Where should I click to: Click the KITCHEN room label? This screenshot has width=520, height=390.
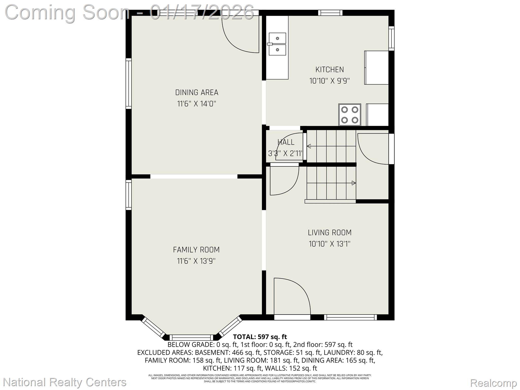pyautogui.click(x=330, y=70)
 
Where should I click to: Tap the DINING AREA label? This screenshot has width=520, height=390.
pyautogui.click(x=197, y=92)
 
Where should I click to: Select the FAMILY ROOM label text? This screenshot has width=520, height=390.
pyautogui.click(x=196, y=250)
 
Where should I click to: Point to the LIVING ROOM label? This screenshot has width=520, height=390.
pyautogui.click(x=330, y=233)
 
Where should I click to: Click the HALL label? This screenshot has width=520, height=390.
pyautogui.click(x=286, y=142)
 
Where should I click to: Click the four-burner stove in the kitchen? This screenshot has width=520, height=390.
pyautogui.click(x=350, y=115)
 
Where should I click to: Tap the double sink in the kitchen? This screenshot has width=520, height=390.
pyautogui.click(x=277, y=44)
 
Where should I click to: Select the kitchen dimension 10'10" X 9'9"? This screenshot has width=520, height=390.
pyautogui.click(x=330, y=81)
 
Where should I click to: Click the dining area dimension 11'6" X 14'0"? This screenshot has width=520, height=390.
pyautogui.click(x=197, y=104)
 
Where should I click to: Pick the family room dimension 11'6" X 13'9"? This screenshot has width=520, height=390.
pyautogui.click(x=196, y=261)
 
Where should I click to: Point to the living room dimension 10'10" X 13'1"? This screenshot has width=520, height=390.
pyautogui.click(x=330, y=244)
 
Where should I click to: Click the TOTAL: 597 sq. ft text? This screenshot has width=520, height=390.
pyautogui.click(x=260, y=337)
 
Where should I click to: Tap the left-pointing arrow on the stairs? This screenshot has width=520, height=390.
pyautogui.click(x=309, y=146)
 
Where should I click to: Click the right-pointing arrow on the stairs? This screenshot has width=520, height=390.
pyautogui.click(x=353, y=183)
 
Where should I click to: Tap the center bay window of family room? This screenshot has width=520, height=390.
pyautogui.click(x=191, y=337)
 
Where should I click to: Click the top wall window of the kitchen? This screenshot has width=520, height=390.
pyautogui.click(x=330, y=13)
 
